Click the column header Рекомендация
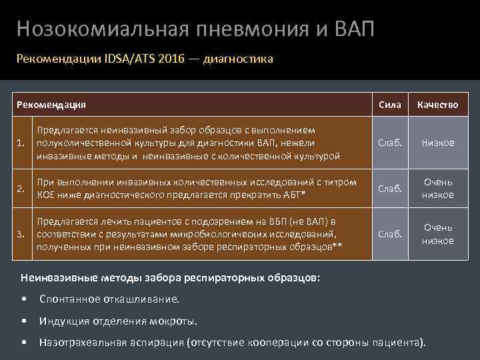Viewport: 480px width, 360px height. pos(51,105)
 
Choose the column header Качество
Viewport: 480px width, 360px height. pos(437,105)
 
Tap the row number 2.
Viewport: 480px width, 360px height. pos(23,188)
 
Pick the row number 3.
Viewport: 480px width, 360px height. pos(23,234)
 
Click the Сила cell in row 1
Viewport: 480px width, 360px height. pos(389,143)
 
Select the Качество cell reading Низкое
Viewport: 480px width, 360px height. pos(437,143)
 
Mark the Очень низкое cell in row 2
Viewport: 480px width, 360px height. pos(437,188)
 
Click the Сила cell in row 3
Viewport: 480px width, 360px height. pos(389,234)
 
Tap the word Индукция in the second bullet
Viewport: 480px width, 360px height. pos(63,321)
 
